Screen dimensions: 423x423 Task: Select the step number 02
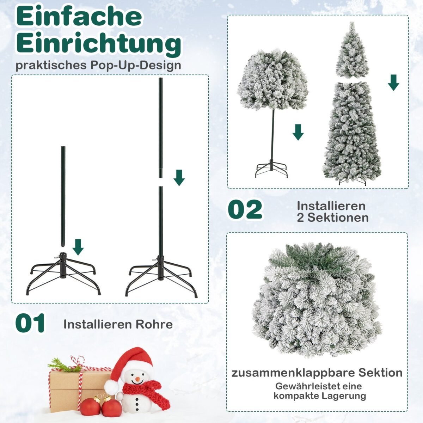(245, 210)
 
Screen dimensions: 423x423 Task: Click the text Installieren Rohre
(118, 324)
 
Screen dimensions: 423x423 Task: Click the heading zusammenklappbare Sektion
(317, 373)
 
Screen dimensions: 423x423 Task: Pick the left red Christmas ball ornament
(90, 406)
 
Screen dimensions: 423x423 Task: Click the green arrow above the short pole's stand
(78, 247)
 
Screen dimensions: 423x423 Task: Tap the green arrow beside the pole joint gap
(179, 177)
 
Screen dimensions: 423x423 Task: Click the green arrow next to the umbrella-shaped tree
(298, 132)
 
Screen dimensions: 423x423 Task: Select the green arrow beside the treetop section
(393, 82)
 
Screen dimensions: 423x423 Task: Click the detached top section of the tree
(352, 51)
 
